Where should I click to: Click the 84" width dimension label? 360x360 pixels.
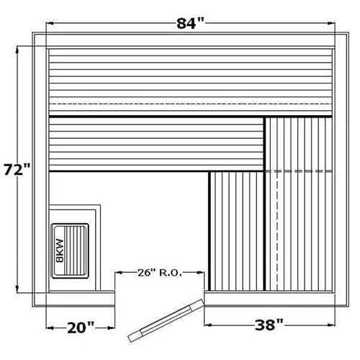pyautogui.click(x=190, y=24)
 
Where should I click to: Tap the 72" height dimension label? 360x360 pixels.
pyautogui.click(x=17, y=170)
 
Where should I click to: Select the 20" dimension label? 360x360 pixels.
pyautogui.click(x=81, y=328)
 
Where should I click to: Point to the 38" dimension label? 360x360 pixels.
pyautogui.click(x=269, y=325)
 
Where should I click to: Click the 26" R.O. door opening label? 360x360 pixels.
pyautogui.click(x=160, y=273)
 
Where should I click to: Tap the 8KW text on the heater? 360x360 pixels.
pyautogui.click(x=60, y=251)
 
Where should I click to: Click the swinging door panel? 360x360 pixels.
pyautogui.click(x=166, y=320)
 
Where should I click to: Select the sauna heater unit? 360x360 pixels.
pyautogui.click(x=70, y=251)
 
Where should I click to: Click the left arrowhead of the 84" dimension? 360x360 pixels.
pyautogui.click(x=49, y=24)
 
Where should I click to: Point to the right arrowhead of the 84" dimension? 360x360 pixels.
pyautogui.click(x=331, y=24)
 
